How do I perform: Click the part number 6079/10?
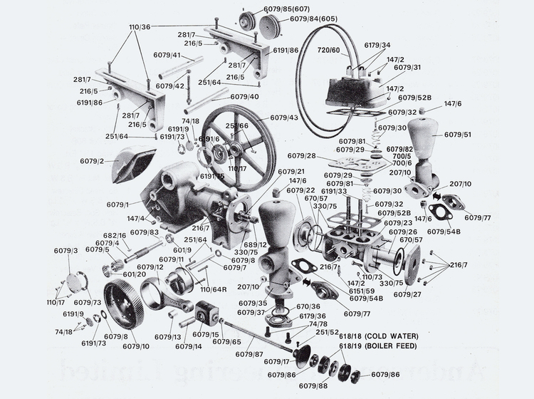(x=136, y=346)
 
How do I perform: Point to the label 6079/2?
(x=91, y=161)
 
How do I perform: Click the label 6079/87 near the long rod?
(x=250, y=353)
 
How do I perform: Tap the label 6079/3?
(x=66, y=251)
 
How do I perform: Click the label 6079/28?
(x=302, y=155)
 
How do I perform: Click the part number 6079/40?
(x=245, y=96)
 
